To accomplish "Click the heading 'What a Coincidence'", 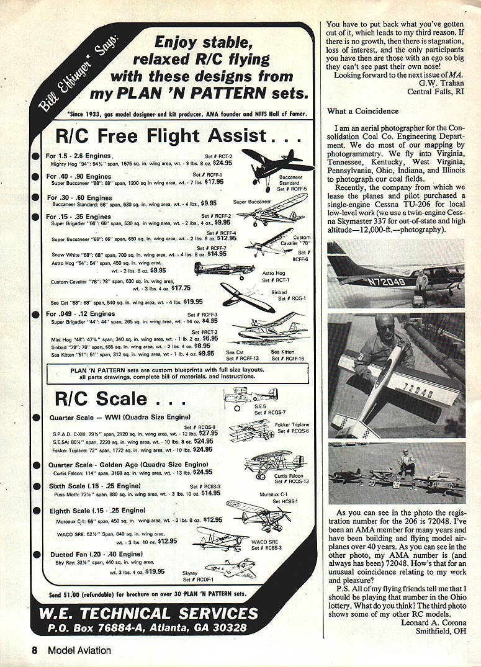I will [x=363, y=112].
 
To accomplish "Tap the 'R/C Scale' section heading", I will [x=102, y=398].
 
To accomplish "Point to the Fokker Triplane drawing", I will [x=251, y=429].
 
